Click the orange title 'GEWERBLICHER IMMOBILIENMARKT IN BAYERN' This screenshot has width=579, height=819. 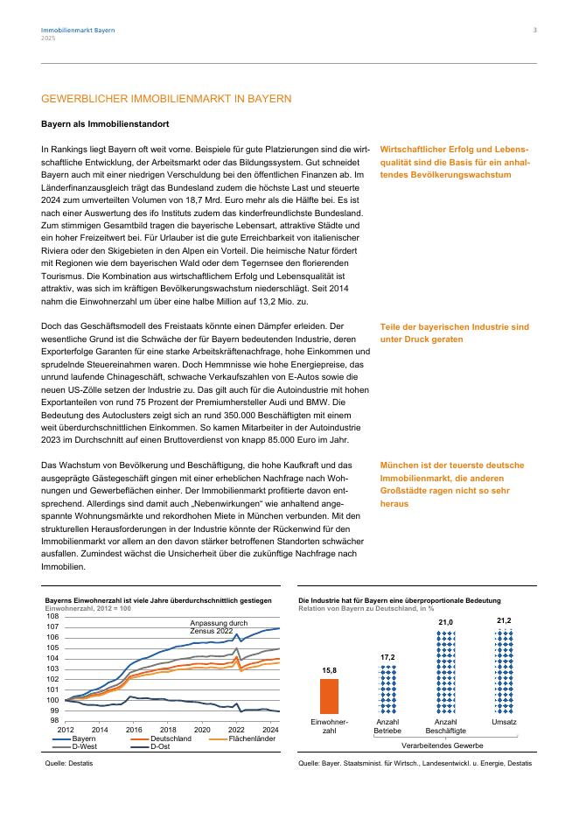[166, 100]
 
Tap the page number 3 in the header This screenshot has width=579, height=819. [534, 31]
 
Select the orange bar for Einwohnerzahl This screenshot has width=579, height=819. [330, 696]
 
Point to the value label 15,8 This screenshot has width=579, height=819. [330, 670]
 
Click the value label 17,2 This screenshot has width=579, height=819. [387, 656]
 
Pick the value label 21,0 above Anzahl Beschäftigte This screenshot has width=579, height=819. [445, 623]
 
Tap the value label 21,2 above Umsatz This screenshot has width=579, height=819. [504, 620]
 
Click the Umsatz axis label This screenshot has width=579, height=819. [504, 722]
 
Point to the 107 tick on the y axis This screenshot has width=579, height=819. [52, 627]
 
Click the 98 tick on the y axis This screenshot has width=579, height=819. [54, 721]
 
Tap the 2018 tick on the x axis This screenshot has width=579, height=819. [168, 729]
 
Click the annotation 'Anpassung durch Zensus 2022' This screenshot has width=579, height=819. [212, 626]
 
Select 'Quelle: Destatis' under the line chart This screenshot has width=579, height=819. [68, 764]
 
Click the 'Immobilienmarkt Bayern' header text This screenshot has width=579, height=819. [78, 31]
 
